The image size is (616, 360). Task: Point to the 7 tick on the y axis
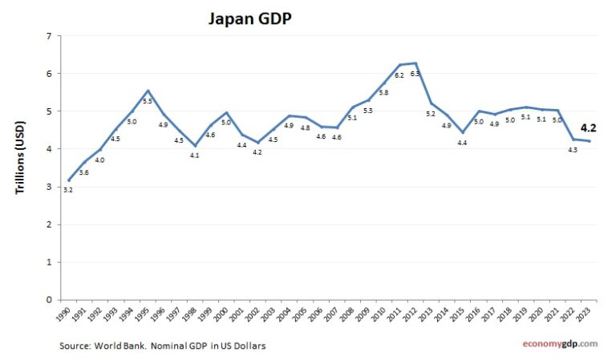[x=50, y=36]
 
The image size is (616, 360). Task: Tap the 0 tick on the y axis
[x=50, y=300]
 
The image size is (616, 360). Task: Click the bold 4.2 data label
[x=588, y=127]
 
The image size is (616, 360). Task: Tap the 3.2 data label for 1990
[x=67, y=190]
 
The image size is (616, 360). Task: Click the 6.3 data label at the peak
[x=415, y=74]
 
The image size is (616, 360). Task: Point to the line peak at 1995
[x=148, y=91]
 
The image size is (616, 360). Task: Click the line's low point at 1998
[x=195, y=146]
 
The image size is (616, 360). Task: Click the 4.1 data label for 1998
[x=195, y=156]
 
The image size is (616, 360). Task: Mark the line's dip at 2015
[x=462, y=132]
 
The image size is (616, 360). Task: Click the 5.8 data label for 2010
[x=384, y=92]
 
